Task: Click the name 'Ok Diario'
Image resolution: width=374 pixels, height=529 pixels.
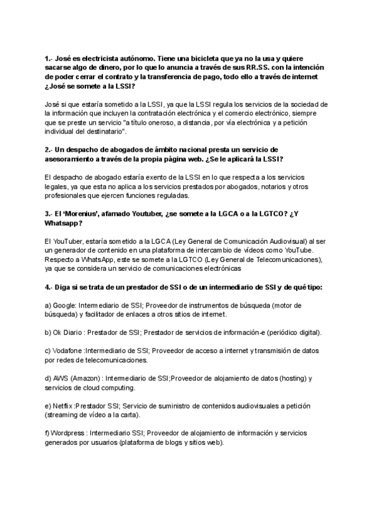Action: click(x=70, y=333)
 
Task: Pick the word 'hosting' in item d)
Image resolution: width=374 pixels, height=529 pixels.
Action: click(x=289, y=379)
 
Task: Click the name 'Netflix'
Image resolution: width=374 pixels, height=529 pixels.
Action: click(x=64, y=406)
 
